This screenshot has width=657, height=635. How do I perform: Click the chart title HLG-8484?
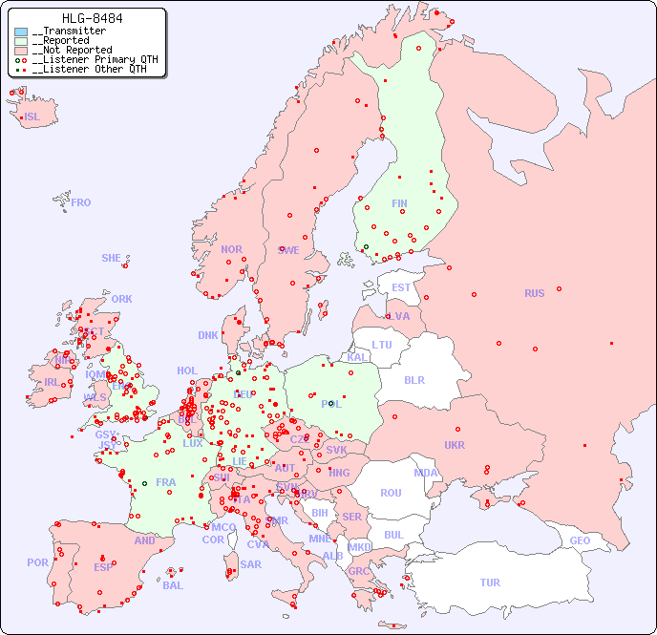pyautogui.click(x=92, y=18)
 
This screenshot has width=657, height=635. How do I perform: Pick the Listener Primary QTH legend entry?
pyautogui.click(x=91, y=60)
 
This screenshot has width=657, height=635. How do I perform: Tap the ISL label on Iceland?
pyautogui.click(x=32, y=117)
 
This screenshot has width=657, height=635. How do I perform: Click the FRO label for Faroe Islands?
pyautogui.click(x=81, y=202)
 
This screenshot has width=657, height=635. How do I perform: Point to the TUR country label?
pyautogui.click(x=490, y=582)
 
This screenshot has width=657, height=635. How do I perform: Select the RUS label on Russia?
pyautogui.click(x=534, y=293)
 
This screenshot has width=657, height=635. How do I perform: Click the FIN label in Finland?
pyautogui.click(x=399, y=203)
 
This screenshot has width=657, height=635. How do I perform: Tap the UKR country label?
pyautogui.click(x=455, y=445)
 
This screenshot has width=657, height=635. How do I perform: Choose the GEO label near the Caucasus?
pyautogui.click(x=580, y=540)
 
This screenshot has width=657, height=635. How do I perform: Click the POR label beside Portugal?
pyautogui.click(x=37, y=562)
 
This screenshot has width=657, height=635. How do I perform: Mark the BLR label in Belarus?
pyautogui.click(x=413, y=379)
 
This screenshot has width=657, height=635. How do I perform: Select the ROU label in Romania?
pyautogui.click(x=391, y=493)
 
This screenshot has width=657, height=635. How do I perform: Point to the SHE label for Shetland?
pyautogui.click(x=112, y=258)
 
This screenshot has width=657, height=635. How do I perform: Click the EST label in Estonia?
pyautogui.click(x=401, y=287)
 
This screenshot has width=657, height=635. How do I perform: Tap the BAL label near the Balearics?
pyautogui.click(x=173, y=585)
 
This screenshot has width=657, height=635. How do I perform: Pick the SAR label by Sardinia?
pyautogui.click(x=250, y=564)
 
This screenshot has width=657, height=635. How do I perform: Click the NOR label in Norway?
pyautogui.click(x=231, y=249)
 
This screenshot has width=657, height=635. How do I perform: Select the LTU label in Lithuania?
pyautogui.click(x=382, y=345)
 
